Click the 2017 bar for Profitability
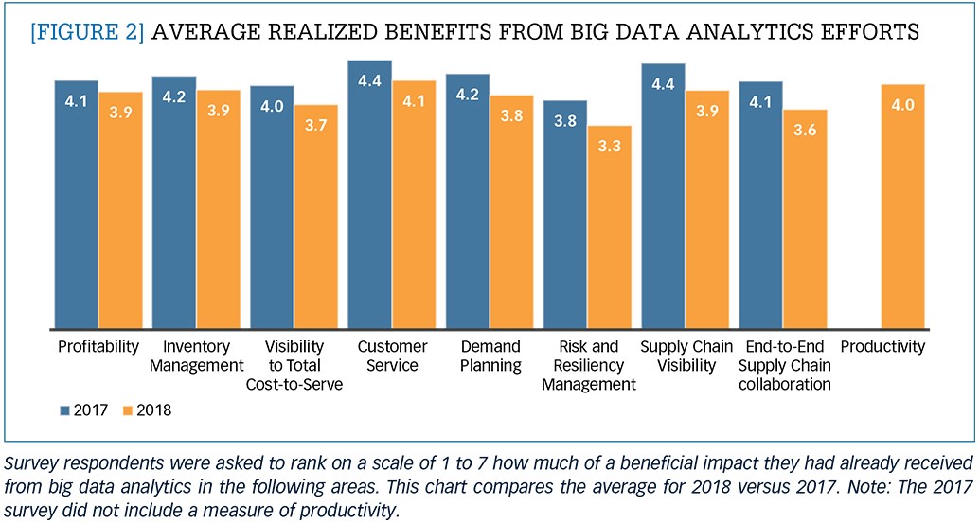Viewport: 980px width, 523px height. tap(77, 204)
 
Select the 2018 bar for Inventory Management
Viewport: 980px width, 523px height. tap(218, 210)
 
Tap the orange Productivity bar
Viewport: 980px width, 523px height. tap(902, 206)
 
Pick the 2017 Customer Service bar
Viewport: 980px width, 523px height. tap(370, 195)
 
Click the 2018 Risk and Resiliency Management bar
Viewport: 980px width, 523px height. tap(610, 227)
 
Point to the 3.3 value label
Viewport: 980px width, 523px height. tap(610, 146)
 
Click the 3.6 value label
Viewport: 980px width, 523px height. tap(805, 130)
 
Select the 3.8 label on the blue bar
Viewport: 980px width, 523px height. tap(565, 120)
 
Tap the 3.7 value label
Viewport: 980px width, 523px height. tap(316, 125)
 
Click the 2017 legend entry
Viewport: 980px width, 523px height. tap(84, 410)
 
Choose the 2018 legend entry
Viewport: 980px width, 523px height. tap(147, 410)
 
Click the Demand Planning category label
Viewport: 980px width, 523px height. tap(490, 356)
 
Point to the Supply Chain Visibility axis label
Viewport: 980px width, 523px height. tap(686, 356)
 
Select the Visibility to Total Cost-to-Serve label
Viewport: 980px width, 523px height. tap(294, 365)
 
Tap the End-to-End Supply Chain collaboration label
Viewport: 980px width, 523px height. tap(784, 365)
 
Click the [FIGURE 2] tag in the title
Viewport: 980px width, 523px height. tap(87, 31)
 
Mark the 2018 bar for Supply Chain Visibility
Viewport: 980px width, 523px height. tap(707, 210)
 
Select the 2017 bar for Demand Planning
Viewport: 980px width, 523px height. tap(468, 201)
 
